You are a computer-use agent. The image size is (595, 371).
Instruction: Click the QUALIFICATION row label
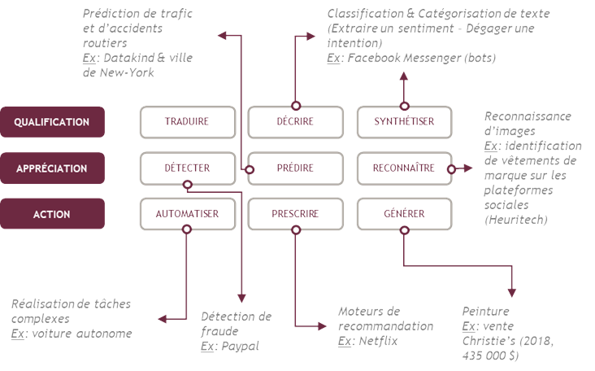point(53,122)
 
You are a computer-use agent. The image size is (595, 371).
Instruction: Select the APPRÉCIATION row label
point(53,168)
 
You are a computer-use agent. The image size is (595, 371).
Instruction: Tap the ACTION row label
point(53,215)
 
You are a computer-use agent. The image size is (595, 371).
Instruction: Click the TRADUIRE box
point(187,122)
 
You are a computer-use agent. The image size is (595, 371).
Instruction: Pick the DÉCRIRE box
point(295,122)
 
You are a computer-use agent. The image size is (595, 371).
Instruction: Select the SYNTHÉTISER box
point(404,122)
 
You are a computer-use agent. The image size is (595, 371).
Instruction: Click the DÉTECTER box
point(187,168)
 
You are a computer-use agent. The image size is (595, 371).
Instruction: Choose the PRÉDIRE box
point(295,168)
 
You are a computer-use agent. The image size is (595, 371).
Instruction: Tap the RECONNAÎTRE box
point(404,168)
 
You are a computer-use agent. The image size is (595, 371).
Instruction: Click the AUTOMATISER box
point(187,215)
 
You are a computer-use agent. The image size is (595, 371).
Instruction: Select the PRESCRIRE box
point(295,215)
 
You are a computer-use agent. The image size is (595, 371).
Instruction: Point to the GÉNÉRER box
point(404,215)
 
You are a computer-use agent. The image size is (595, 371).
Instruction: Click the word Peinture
point(486,312)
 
